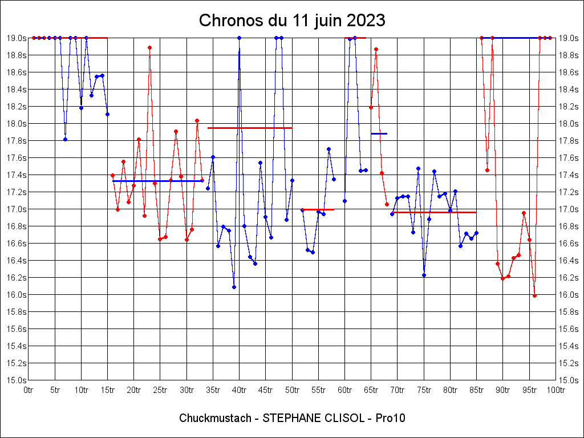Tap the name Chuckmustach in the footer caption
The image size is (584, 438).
215,418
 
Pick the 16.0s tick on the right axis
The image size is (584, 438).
568,295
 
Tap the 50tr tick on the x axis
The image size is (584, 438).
292,390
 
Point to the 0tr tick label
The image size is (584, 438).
29,390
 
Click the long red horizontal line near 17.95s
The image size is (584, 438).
250,128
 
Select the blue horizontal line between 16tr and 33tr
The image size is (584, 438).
157,181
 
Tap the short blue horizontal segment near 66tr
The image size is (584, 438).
379,133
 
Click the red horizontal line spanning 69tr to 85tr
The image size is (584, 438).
434,212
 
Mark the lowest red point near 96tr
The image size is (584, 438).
534,295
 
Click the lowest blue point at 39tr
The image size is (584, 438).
234,287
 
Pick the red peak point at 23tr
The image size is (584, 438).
149,48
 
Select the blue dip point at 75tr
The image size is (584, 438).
424,275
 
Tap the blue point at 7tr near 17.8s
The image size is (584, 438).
65,139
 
